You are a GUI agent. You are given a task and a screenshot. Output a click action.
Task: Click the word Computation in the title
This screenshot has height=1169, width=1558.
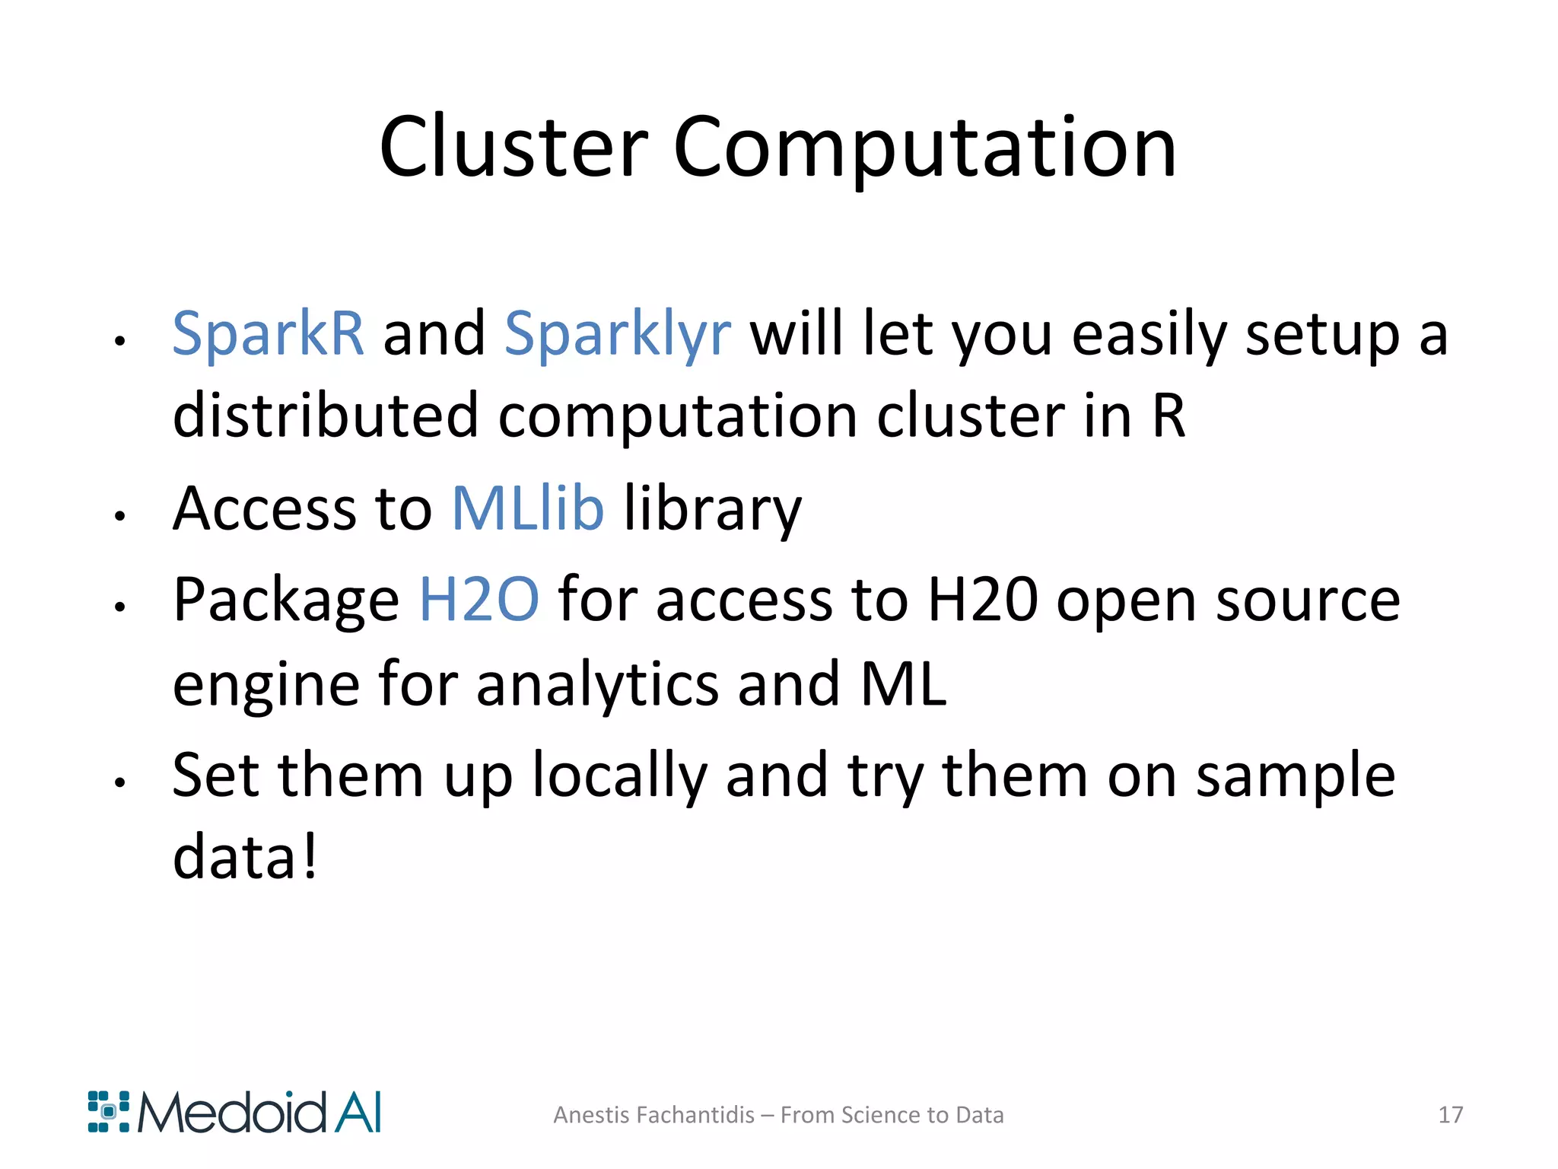924,148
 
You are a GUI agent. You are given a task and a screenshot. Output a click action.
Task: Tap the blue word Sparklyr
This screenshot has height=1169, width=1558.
617,335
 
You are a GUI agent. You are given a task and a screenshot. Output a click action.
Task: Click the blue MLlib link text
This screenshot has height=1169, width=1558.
528,508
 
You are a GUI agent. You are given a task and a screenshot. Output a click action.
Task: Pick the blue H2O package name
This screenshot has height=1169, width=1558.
479,600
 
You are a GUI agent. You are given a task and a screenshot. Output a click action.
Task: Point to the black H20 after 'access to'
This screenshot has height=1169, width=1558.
982,600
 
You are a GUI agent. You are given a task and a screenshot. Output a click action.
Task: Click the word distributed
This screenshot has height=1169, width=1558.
325,416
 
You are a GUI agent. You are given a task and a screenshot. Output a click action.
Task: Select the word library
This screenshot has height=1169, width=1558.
713,509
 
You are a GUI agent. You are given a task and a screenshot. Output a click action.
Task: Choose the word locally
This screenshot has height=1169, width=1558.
619,776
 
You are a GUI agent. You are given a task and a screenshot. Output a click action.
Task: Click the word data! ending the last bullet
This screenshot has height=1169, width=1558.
244,857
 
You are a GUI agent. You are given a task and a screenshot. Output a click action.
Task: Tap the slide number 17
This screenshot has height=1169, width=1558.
1450,1115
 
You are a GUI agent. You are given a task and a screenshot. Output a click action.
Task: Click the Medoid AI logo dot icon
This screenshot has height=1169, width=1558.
108,1112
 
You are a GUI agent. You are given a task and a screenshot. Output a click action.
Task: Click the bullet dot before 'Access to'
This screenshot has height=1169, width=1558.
119,516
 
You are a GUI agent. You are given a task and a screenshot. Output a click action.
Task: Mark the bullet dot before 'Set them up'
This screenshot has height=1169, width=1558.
119,782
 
